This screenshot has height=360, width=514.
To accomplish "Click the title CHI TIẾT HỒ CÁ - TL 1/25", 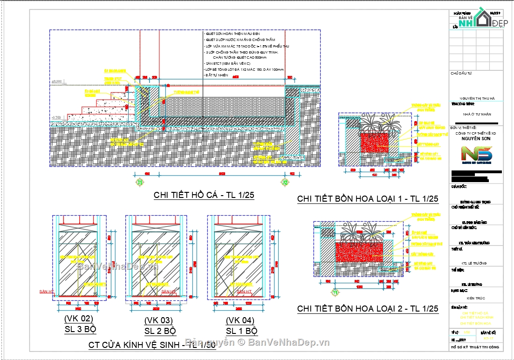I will [204, 196].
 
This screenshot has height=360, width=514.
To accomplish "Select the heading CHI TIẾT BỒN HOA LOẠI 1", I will [368, 199].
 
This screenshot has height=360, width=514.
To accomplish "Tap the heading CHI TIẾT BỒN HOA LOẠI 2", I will [368, 309].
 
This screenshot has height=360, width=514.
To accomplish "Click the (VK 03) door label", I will [158, 320].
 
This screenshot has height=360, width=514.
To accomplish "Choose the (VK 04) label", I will [240, 320].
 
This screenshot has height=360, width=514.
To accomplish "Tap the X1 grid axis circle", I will [139, 182].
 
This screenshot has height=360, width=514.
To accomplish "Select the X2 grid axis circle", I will [285, 182].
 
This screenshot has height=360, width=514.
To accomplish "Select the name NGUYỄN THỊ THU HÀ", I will [477, 99].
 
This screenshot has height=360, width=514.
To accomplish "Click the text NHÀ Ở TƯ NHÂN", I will [477, 114].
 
